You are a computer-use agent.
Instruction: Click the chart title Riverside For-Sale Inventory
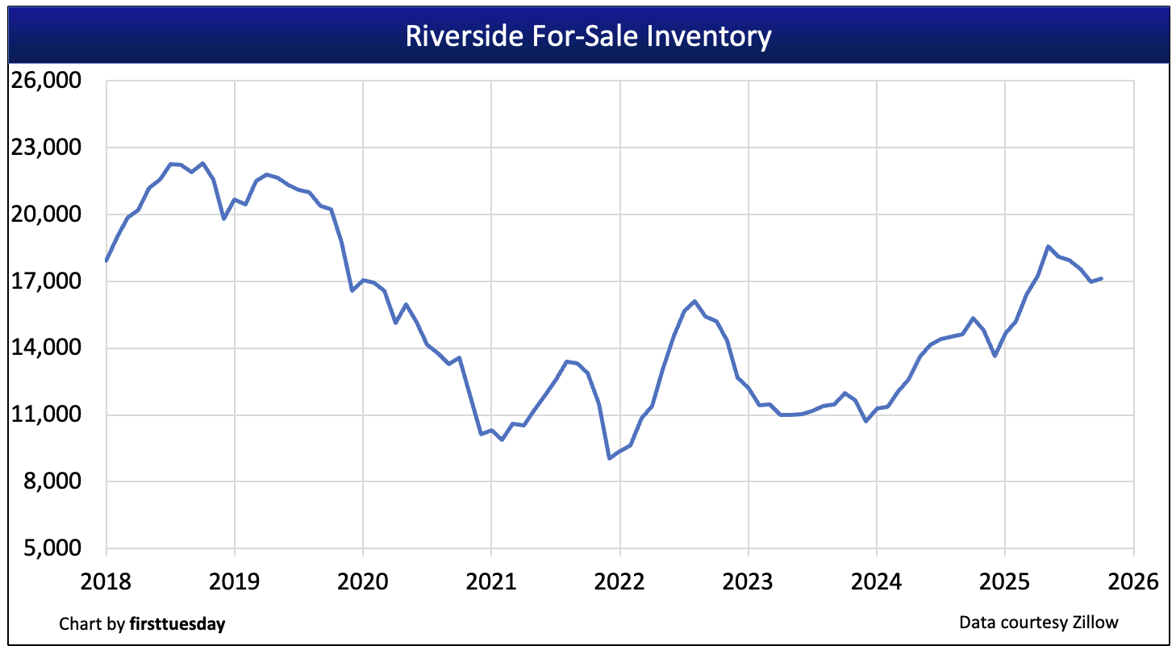588,36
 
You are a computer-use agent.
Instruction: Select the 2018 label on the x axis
106,581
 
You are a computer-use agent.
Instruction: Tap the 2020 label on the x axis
363,581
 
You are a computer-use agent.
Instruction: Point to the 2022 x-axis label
619,581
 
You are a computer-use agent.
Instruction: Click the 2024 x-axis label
877,581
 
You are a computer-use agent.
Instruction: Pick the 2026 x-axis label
1133,581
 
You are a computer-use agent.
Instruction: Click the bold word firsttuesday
177,623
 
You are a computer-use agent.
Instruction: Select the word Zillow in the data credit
1096,622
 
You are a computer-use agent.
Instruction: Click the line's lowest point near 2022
609,458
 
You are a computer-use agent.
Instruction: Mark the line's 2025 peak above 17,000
1048,247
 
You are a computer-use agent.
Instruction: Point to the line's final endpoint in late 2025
1102,278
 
